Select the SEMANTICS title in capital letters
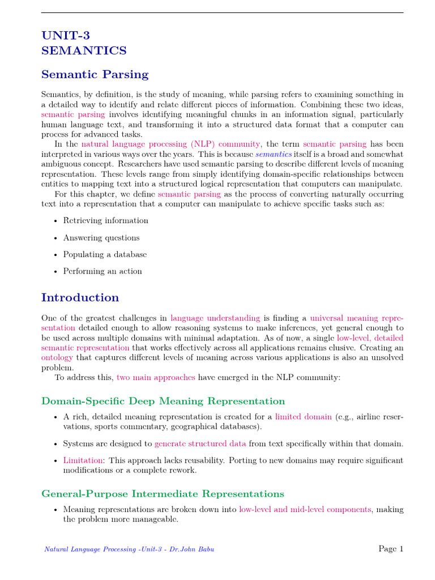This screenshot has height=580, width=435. [84, 51]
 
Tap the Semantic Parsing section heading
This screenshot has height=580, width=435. [95, 74]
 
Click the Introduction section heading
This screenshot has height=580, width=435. [80, 297]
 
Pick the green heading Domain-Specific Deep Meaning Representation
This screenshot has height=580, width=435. [163, 401]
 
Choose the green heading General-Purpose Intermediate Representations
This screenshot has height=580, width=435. [163, 493]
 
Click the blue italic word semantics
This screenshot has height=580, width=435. [274, 154]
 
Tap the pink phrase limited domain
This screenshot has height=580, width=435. [303, 417]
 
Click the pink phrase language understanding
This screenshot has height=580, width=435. [215, 318]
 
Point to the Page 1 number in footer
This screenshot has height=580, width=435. [390, 548]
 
